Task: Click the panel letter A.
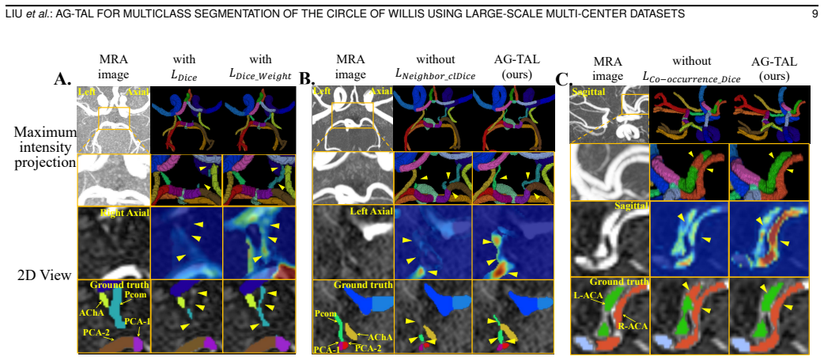pos(64,79)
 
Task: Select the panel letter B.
pos(306,79)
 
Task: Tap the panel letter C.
pos(564,81)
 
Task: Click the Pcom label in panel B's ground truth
pos(324,313)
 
